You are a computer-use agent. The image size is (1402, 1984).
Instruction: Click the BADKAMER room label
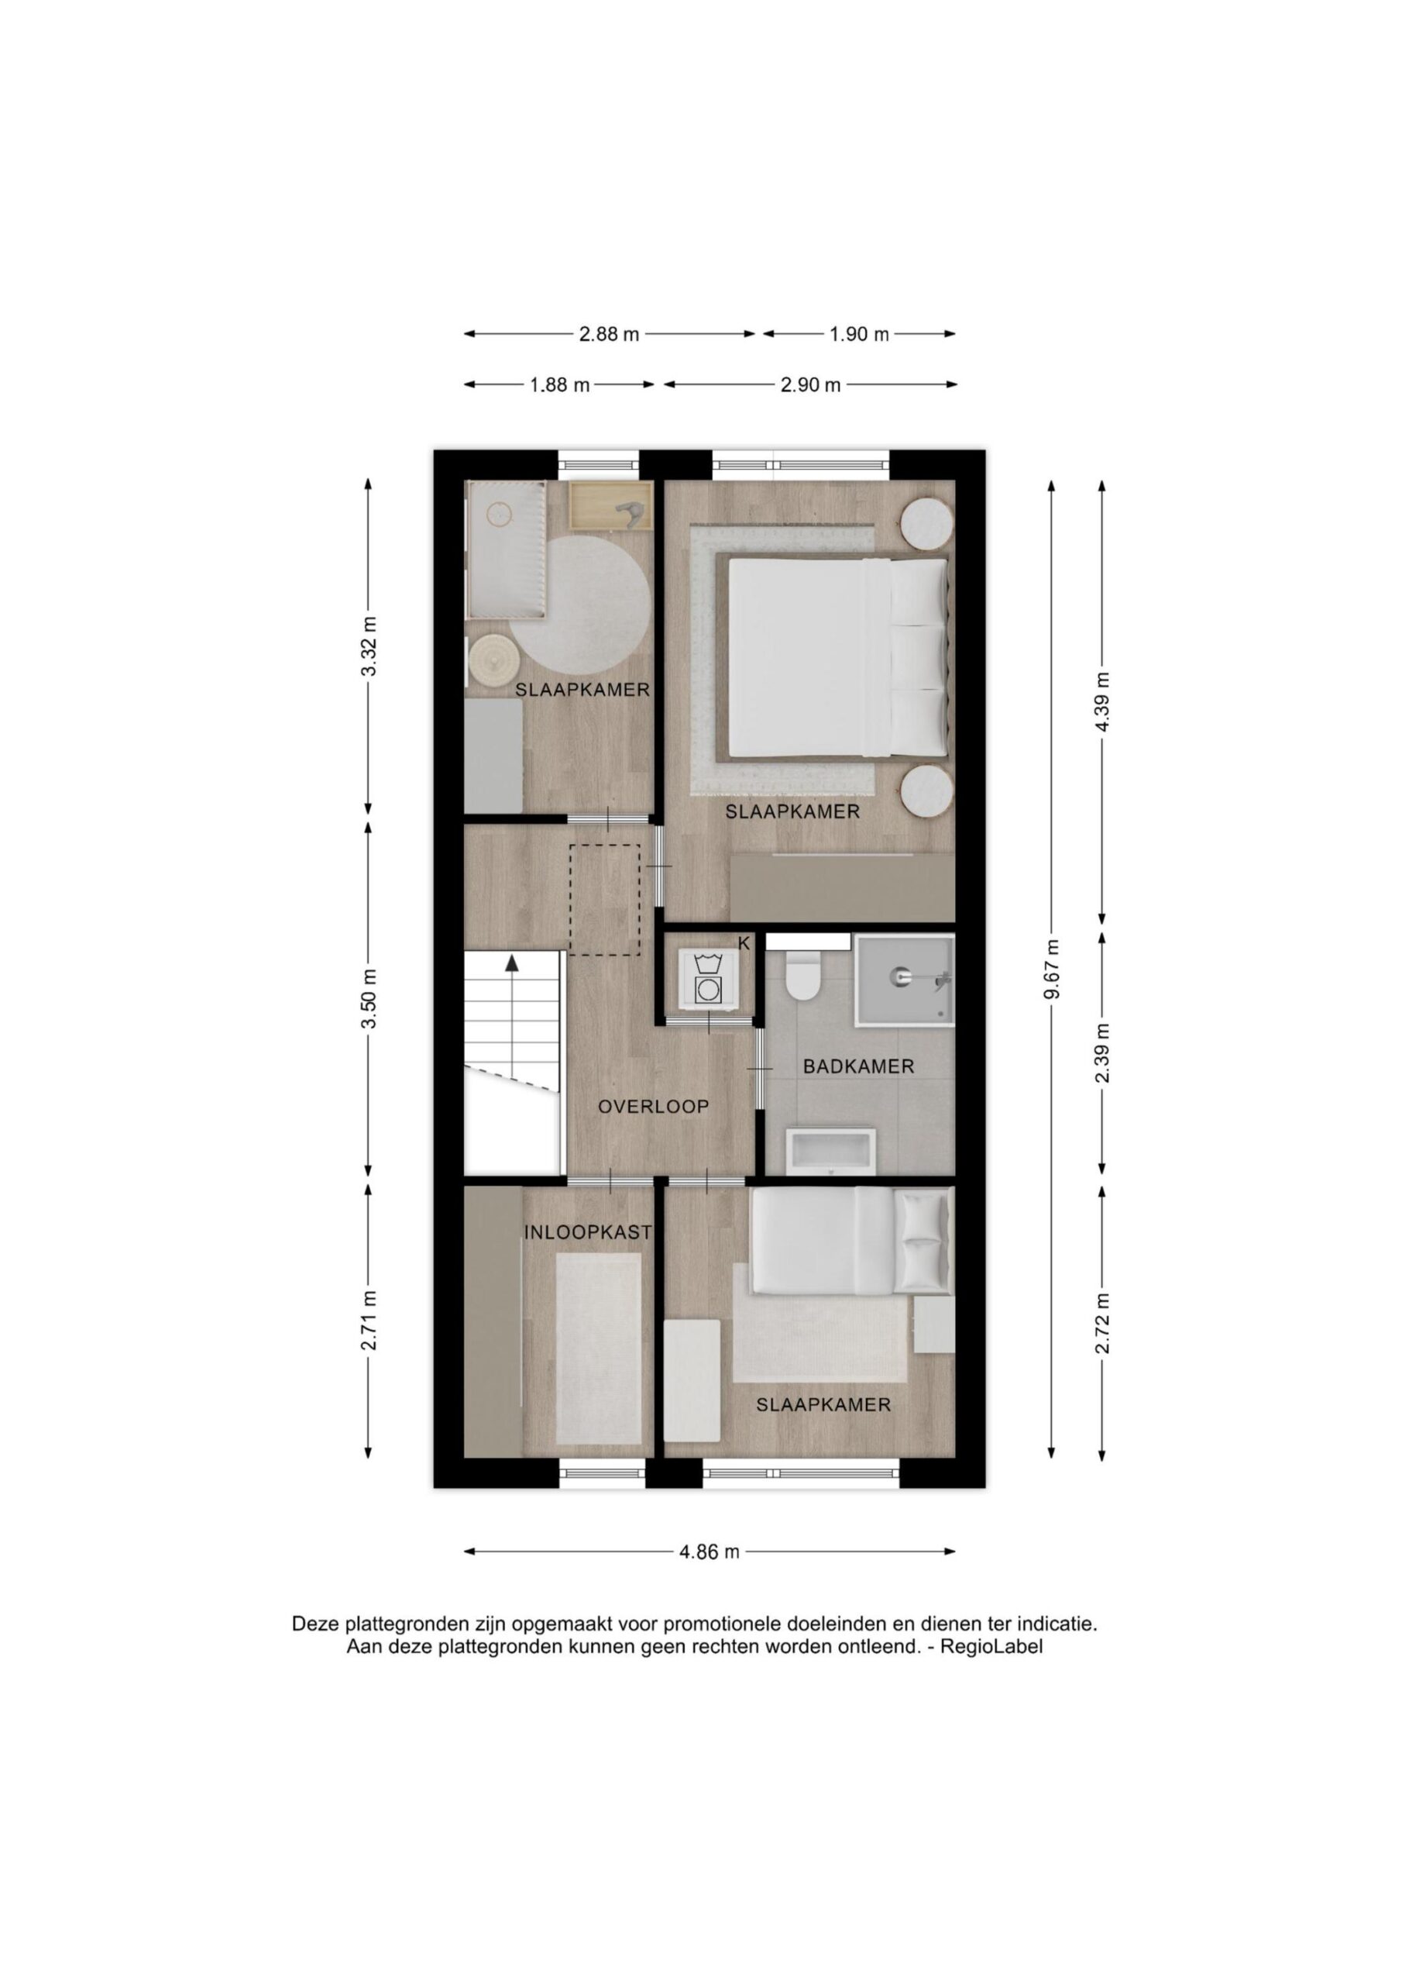pyautogui.click(x=857, y=1066)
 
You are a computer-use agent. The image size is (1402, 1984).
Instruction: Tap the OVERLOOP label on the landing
pyautogui.click(x=654, y=1106)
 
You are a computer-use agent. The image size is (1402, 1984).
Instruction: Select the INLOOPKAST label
pyautogui.click(x=587, y=1233)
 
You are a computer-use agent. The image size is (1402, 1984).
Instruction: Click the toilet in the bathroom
pyautogui.click(x=802, y=976)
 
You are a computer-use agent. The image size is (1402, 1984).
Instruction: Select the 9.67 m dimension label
pyautogui.click(x=1051, y=969)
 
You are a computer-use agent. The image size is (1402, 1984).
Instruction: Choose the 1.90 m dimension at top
pyautogui.click(x=859, y=334)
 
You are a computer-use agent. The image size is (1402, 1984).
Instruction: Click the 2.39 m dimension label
pyautogui.click(x=1101, y=1052)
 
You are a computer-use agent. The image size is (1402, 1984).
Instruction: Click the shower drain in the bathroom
pyautogui.click(x=899, y=976)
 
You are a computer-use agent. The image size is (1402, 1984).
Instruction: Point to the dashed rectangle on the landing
pyautogui.click(x=604, y=900)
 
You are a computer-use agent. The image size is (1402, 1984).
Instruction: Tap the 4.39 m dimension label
pyautogui.click(x=1101, y=701)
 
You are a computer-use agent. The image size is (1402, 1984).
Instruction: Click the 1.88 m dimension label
pyautogui.click(x=560, y=385)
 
